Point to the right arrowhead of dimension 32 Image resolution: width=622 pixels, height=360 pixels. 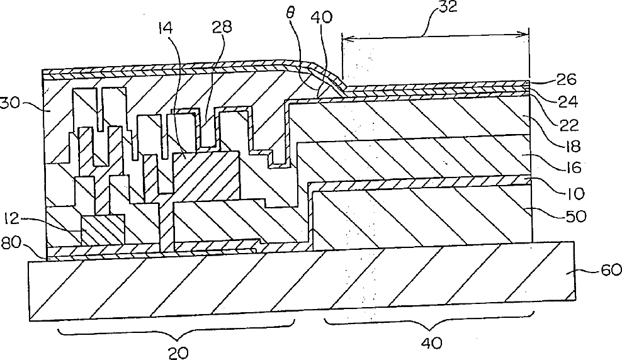[524, 36]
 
